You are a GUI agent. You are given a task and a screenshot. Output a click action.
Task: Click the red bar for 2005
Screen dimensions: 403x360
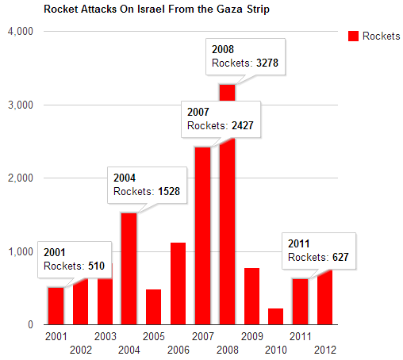click(x=153, y=307)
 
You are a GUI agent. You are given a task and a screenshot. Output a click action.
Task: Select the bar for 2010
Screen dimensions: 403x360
click(x=275, y=316)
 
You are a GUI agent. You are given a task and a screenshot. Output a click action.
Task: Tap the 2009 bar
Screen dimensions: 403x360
click(x=251, y=297)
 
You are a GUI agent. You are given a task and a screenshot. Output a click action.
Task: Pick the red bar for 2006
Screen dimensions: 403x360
click(x=178, y=284)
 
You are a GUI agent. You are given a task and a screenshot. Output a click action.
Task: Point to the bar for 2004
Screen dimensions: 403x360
click(x=129, y=269)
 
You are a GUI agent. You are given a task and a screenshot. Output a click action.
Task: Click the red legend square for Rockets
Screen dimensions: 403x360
click(x=353, y=36)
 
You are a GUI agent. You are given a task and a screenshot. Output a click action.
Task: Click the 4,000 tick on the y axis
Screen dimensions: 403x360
click(x=21, y=31)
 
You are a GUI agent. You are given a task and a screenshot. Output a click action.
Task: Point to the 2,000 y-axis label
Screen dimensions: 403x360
click(x=21, y=178)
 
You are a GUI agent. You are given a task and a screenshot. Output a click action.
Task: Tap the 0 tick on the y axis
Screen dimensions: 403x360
click(x=30, y=324)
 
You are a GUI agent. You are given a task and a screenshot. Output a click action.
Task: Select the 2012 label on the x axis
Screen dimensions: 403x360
click(x=325, y=350)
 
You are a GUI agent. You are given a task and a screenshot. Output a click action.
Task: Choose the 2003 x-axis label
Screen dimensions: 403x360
click(x=106, y=336)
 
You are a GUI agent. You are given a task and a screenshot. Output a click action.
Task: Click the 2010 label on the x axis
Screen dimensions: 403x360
click(x=276, y=350)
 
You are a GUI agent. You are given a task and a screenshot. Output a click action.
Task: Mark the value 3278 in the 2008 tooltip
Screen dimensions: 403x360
click(x=267, y=63)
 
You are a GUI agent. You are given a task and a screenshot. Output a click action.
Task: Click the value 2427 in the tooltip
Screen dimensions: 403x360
click(x=243, y=125)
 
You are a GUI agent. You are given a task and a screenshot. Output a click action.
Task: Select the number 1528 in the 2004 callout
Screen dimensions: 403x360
click(x=169, y=191)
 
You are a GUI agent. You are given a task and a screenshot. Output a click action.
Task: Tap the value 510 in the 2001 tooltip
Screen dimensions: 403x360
click(x=96, y=266)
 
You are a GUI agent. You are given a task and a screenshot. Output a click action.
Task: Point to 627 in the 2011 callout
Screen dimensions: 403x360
click(x=340, y=257)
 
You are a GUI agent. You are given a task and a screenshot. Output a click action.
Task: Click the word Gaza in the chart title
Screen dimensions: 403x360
click(x=229, y=9)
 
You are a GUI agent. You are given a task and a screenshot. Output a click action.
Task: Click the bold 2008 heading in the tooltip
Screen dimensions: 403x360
click(x=223, y=49)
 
